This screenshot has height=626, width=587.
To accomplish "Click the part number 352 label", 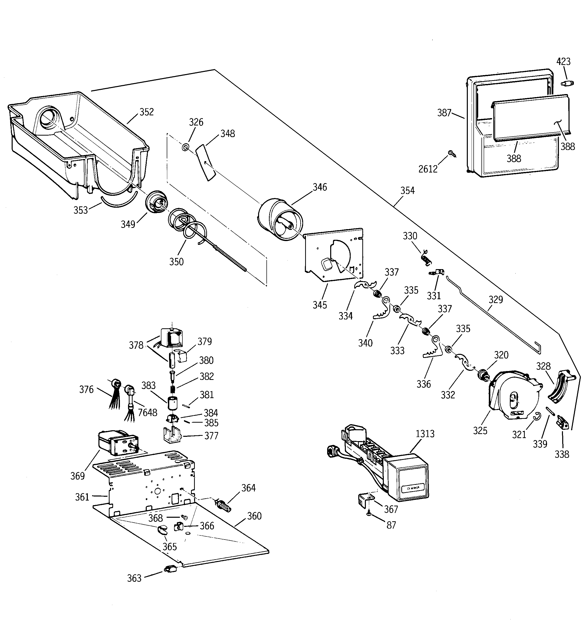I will [x=146, y=112].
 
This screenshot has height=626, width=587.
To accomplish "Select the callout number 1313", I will [x=425, y=434].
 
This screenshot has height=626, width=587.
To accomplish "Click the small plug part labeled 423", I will [x=568, y=83].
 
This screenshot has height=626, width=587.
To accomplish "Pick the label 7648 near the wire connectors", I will [x=148, y=413].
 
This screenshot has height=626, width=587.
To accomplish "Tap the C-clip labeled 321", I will [x=537, y=417].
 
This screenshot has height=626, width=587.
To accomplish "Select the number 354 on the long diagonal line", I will [x=407, y=190].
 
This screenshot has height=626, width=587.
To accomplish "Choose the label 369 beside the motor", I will [x=77, y=476].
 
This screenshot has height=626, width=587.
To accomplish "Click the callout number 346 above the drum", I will [x=320, y=187].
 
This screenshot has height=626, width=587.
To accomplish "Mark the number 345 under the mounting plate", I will [x=320, y=305].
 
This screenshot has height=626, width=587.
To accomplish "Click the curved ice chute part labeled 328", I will [x=560, y=387].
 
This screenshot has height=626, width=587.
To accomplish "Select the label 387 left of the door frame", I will [x=444, y=113].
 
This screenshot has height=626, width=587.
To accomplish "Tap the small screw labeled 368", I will [x=184, y=517].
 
